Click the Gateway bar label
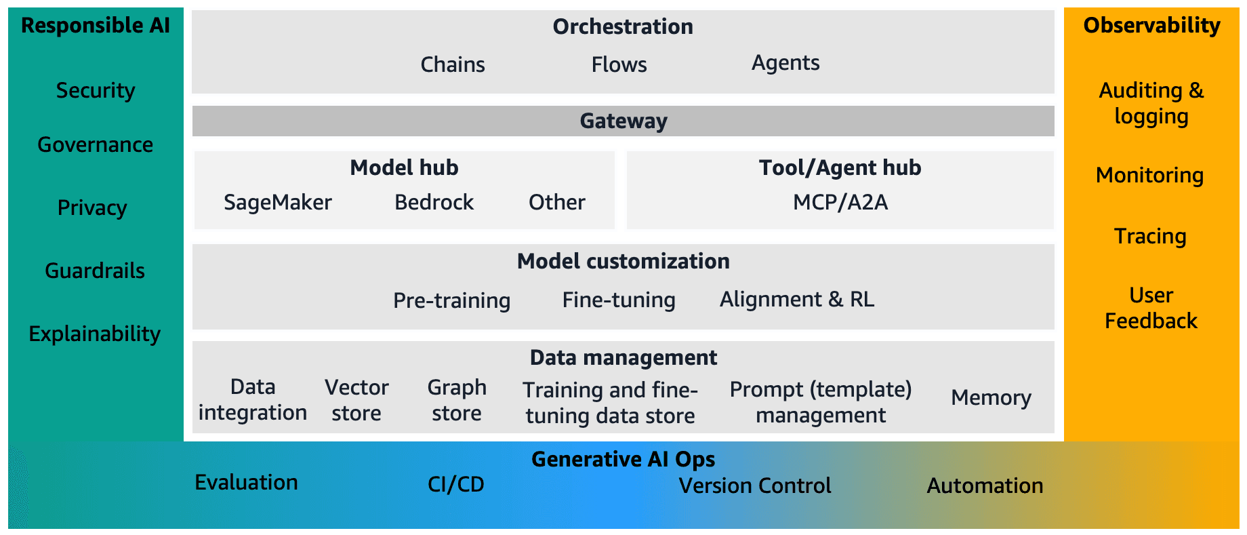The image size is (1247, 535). [x=623, y=121]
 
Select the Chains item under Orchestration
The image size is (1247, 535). [x=453, y=64]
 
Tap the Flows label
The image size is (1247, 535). [x=619, y=64]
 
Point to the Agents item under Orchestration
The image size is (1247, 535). [x=785, y=63]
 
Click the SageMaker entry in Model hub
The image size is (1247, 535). [x=278, y=202]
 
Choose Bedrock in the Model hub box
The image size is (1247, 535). [x=434, y=202]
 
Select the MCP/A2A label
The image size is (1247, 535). [x=840, y=202]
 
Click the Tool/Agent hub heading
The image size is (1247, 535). [x=840, y=167]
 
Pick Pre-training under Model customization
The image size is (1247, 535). [x=451, y=300]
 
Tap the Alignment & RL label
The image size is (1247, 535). [x=797, y=299]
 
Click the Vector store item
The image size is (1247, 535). [x=356, y=400]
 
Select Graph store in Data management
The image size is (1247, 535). [x=457, y=400]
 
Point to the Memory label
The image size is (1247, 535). [x=991, y=397]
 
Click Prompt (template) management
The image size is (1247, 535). [x=821, y=402]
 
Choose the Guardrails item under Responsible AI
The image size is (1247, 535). [x=95, y=271]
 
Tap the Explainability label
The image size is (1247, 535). [x=95, y=334]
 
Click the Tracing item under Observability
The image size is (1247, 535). [x=1150, y=236]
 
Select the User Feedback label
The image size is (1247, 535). [x=1151, y=308]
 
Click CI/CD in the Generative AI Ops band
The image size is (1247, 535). [x=456, y=484]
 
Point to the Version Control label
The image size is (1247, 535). [x=755, y=486]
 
